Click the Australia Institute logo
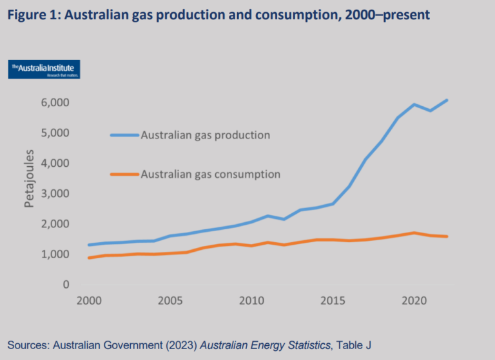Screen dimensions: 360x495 [44, 70]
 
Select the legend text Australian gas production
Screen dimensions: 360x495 [205, 135]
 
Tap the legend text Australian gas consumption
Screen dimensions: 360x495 [210, 174]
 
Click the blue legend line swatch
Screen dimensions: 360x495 [124, 135]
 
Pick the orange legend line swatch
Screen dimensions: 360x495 [124, 174]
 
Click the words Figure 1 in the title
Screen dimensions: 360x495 [32, 14]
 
